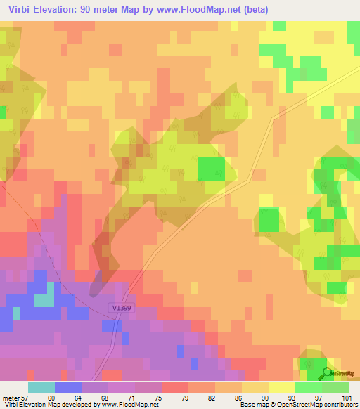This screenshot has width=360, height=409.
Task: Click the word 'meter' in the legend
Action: [10, 397]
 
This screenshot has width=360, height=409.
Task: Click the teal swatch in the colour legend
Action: [41, 387]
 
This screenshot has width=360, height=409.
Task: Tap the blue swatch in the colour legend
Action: [68, 387]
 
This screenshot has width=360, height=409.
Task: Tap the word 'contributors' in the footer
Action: [337, 405]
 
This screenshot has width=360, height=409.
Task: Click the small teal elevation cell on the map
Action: [44, 299]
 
